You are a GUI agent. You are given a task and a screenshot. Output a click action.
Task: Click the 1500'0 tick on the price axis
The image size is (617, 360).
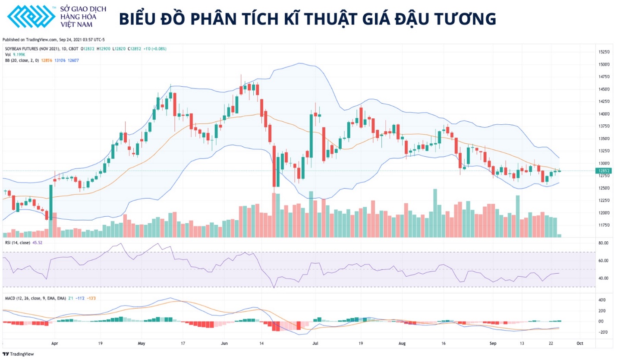604,64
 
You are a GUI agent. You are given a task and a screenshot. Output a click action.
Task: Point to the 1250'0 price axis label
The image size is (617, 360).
604,188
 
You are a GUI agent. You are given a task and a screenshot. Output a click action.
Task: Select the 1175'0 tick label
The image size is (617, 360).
604,225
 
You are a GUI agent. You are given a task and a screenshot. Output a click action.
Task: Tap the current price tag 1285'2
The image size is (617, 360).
604,171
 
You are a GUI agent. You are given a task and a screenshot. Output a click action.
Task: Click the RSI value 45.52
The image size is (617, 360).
38,243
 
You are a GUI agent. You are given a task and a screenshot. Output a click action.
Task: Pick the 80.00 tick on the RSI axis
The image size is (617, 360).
603,243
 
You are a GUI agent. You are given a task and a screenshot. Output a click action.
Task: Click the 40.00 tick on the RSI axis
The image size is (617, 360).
603,278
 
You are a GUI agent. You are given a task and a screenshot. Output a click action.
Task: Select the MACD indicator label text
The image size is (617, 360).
35,298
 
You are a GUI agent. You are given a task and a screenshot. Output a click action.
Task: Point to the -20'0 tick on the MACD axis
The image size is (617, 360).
603,332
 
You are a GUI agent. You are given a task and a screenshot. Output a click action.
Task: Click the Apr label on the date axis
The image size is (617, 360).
54,344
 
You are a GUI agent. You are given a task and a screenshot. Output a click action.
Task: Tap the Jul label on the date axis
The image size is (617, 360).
315,344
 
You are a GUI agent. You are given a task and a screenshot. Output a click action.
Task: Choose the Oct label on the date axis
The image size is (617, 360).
579,344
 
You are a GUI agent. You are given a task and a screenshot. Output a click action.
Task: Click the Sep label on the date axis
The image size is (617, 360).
492,344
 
